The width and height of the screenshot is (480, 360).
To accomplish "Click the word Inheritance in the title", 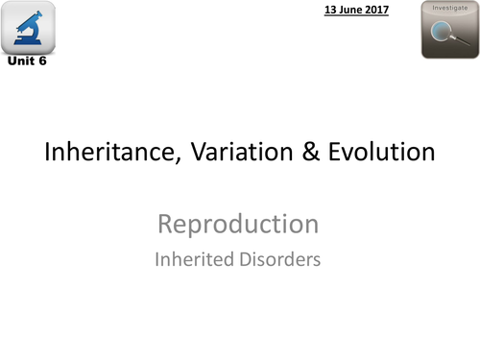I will pyautogui.click(x=102, y=152).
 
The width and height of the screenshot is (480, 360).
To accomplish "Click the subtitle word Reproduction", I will pyautogui.click(x=238, y=225).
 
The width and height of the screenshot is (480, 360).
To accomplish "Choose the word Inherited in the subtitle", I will pyautogui.click(x=196, y=258).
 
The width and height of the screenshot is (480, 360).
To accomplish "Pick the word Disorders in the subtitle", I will pyautogui.click(x=280, y=258).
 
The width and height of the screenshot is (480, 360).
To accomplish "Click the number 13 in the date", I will pyautogui.click(x=328, y=10).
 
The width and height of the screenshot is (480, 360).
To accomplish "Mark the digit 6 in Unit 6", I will pyautogui.click(x=41, y=62).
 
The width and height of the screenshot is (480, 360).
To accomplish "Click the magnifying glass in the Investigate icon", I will pyautogui.click(x=448, y=35).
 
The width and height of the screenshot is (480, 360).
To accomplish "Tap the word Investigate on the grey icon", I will pyautogui.click(x=449, y=8).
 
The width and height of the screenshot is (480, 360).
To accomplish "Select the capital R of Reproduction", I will pyautogui.click(x=165, y=225).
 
